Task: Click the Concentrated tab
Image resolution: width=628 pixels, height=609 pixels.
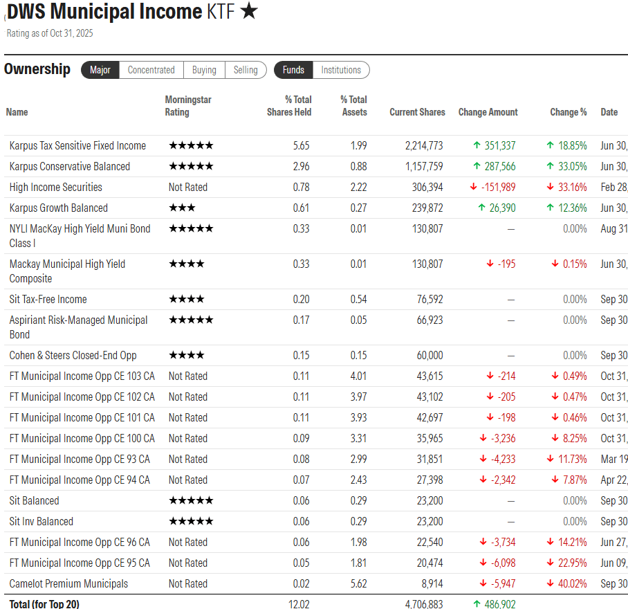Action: point(151,70)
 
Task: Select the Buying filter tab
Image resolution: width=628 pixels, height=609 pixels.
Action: point(204,70)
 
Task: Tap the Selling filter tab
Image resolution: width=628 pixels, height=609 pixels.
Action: point(246,70)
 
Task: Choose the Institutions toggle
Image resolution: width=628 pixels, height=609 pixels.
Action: point(341,70)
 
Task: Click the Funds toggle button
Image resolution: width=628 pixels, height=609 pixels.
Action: point(293,70)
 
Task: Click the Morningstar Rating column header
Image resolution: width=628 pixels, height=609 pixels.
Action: point(187,105)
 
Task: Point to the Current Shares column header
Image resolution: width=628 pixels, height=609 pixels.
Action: point(417,112)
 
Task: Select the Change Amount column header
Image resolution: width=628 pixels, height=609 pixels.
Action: point(488,112)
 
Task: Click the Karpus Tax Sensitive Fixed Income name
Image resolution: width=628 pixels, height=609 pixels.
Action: point(77,145)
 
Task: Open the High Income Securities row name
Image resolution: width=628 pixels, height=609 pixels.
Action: point(55,187)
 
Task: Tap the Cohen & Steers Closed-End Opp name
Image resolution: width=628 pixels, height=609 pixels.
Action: point(73,355)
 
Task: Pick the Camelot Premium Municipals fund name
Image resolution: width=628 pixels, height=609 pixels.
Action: point(68,583)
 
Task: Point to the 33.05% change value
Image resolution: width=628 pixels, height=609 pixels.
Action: point(571,166)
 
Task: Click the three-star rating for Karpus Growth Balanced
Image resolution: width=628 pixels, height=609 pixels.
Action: point(182,208)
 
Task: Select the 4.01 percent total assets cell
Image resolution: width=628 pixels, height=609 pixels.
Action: point(358,376)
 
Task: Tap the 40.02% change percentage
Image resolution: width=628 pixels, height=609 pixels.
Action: point(571,583)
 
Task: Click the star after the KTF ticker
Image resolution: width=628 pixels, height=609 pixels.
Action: point(249,12)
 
